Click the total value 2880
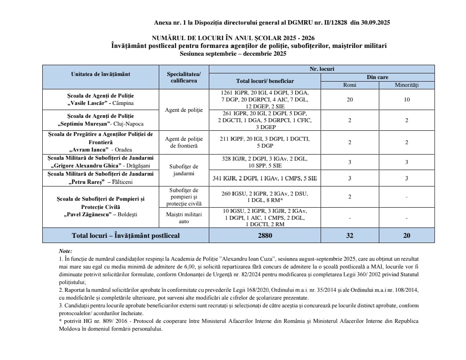click(x=264, y=236)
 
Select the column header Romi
click(x=349, y=85)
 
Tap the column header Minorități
click(x=406, y=85)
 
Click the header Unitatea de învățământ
click(x=101, y=74)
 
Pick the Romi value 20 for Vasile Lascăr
click(x=349, y=100)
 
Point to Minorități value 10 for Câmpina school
click(x=406, y=100)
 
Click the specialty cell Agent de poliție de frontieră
click(x=184, y=142)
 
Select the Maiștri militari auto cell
click(x=184, y=218)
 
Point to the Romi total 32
click(x=349, y=236)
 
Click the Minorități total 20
click(x=406, y=236)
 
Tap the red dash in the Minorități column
click(x=406, y=197)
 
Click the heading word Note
click(x=65, y=251)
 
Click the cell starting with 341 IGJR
click(x=264, y=178)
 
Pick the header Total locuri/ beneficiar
click(x=264, y=81)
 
